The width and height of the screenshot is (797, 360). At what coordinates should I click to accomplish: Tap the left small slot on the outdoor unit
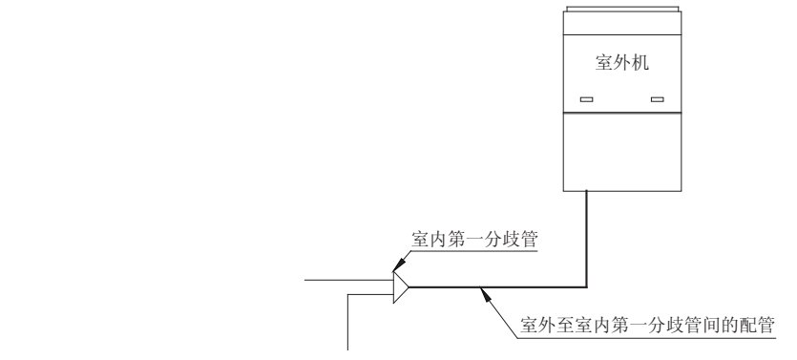[x=587, y=99]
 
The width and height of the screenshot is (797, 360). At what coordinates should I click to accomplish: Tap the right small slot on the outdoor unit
[x=656, y=99]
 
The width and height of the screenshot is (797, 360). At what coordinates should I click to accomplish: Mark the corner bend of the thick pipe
[x=586, y=285]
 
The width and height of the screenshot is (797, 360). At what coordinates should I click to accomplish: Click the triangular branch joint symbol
[x=401, y=285]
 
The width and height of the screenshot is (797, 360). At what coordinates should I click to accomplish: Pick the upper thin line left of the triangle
[x=346, y=281]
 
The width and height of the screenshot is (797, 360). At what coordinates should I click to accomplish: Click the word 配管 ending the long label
[x=761, y=325]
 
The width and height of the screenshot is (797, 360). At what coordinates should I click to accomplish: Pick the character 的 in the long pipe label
[x=728, y=325]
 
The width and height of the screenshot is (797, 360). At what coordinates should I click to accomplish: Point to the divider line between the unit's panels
[x=622, y=113]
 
